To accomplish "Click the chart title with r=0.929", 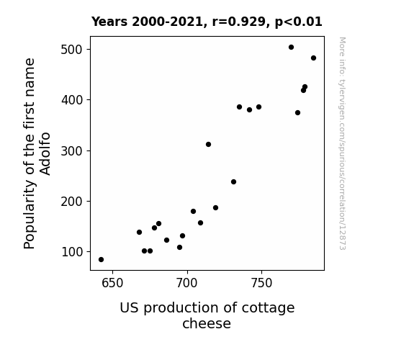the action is coord(207,22).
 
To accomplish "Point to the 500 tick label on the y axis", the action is coord(72,50).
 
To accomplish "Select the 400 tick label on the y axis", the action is coord(72,100).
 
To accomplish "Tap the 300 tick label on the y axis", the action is coord(72,150).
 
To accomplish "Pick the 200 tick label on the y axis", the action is coord(72,202).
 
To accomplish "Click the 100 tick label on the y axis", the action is coord(72,252).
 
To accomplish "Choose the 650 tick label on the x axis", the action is coord(112,283).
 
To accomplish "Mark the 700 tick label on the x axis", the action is coord(187,283).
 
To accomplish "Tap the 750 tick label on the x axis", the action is coord(261,283).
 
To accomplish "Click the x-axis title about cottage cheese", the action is coord(207,315).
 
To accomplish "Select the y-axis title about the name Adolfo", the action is coord(37,153).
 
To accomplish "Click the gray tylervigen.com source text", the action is coord(342,143).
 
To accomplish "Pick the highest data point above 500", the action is coord(291,48).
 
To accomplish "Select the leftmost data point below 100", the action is coord(101,260).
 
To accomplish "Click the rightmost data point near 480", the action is coord(314,58).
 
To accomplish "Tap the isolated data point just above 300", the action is coord(208,145).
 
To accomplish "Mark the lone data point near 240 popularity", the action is coord(234,182).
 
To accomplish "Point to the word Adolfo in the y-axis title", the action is coord(45,153).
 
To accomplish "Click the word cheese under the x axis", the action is coord(207,323).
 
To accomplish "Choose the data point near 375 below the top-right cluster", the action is coord(298,113).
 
